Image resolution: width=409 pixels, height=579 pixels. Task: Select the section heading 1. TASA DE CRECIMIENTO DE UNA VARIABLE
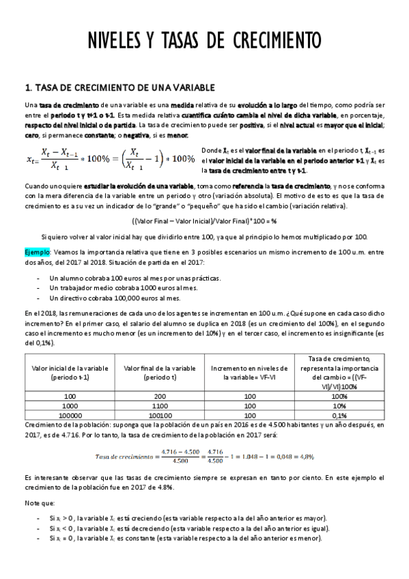coord(119,87)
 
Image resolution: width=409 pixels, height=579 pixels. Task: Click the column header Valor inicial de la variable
coord(69,373)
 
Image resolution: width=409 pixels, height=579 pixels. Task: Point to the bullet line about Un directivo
coord(115,298)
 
